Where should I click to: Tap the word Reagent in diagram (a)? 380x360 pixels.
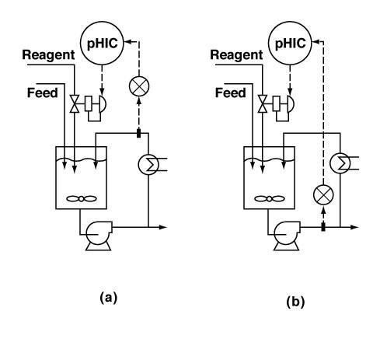(48, 55)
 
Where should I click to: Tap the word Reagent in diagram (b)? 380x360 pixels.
(236, 55)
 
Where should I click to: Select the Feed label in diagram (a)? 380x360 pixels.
(43, 93)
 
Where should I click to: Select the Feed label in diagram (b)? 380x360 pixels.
(231, 93)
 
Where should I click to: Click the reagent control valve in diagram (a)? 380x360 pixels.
(75, 104)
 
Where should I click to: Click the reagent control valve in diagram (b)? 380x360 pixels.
(263, 104)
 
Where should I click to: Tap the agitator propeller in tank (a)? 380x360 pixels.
(82, 199)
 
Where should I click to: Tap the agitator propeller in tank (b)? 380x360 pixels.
(270, 199)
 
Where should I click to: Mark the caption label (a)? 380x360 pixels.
(109, 298)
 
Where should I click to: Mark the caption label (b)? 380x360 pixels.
(295, 302)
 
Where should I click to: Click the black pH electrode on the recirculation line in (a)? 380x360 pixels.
(138, 134)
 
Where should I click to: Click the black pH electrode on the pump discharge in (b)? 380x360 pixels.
(323, 227)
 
